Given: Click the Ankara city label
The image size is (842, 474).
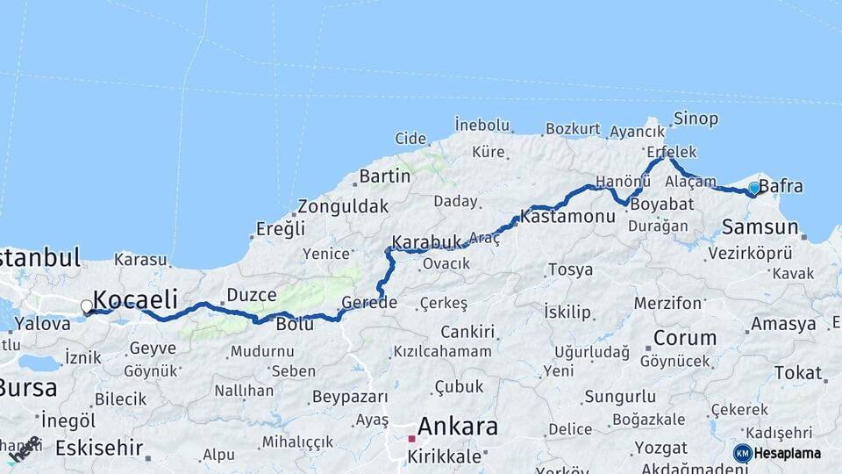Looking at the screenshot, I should tap(458, 427).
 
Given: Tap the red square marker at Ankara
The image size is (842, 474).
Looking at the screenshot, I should tap(410, 438).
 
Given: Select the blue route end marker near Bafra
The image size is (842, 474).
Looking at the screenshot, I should tap(753, 188).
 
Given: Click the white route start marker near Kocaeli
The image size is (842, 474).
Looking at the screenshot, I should tap(86, 306).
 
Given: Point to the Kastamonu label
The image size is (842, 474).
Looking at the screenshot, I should tap(567, 214).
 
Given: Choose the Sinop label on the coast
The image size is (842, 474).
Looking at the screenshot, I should tap(696, 118).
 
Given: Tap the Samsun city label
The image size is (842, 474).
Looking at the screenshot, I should tap(760, 227).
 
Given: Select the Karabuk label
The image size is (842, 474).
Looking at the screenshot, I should tap(426, 241).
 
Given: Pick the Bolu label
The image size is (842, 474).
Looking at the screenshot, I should tap(295, 324).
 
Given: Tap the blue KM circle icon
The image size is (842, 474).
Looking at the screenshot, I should tap(742, 453).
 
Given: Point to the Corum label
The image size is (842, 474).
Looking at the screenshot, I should tap(685, 338).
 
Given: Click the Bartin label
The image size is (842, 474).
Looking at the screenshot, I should tap(384, 176).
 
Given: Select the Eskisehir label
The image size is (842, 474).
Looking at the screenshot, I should tap(98, 449).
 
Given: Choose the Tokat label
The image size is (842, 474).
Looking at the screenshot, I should tap(797, 373).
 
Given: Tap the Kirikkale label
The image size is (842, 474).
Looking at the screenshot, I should tap(443, 456).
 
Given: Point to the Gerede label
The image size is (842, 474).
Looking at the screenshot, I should tap(369, 303).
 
